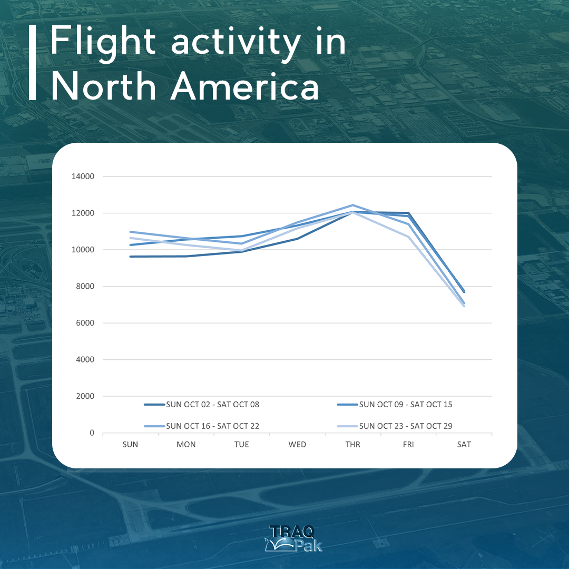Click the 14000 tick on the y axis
83,176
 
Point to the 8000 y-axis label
85,286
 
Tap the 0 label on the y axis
92,433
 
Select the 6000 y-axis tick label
85,323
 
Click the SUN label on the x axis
130,445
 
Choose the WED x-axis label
297,445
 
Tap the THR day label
352,445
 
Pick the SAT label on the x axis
464,445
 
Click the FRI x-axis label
408,445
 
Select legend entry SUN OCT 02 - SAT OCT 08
202,405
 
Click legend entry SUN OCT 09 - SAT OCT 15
395,405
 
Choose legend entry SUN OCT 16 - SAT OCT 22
202,426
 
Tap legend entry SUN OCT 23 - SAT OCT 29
395,426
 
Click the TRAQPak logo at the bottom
293,538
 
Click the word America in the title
244,86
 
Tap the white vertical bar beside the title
32,62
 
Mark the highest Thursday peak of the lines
352,205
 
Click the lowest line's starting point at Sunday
130,257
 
